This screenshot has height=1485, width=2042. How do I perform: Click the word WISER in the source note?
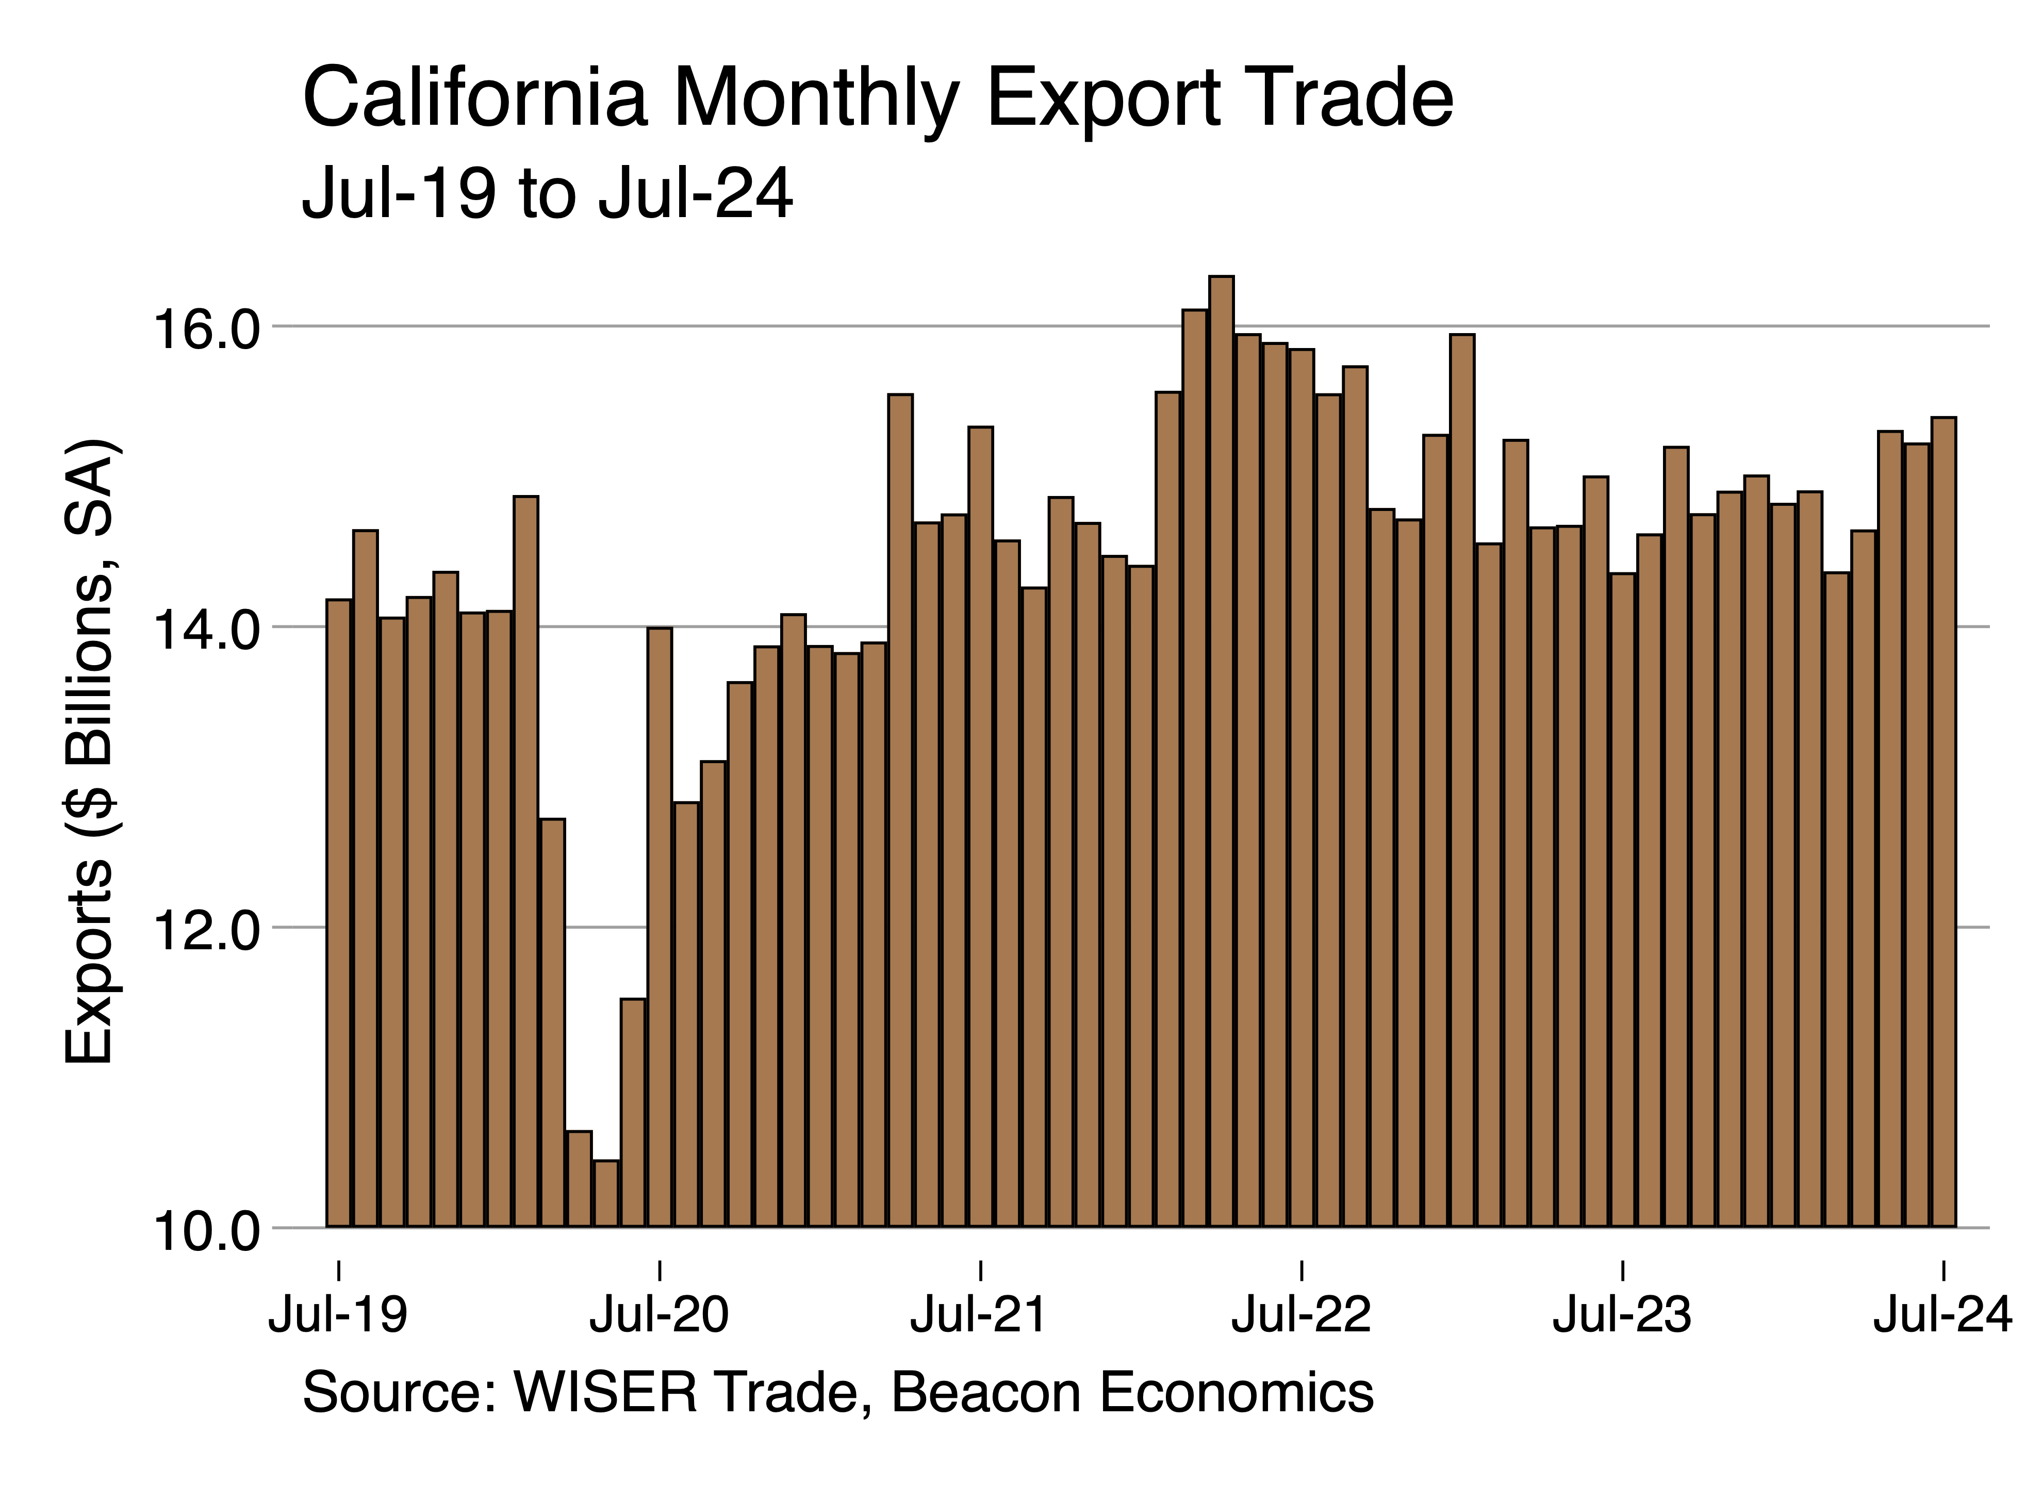coord(605,1392)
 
